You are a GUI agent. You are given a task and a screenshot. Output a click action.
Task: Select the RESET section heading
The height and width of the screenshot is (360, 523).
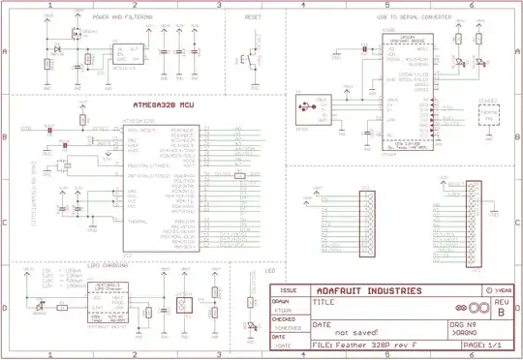click(x=253, y=17)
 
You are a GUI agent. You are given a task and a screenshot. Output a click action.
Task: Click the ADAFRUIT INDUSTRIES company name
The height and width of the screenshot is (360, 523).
click(x=370, y=289)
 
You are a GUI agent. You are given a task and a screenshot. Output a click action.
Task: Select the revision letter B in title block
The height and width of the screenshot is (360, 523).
click(x=501, y=313)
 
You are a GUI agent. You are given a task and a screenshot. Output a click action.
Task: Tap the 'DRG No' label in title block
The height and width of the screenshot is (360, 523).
click(x=463, y=323)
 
